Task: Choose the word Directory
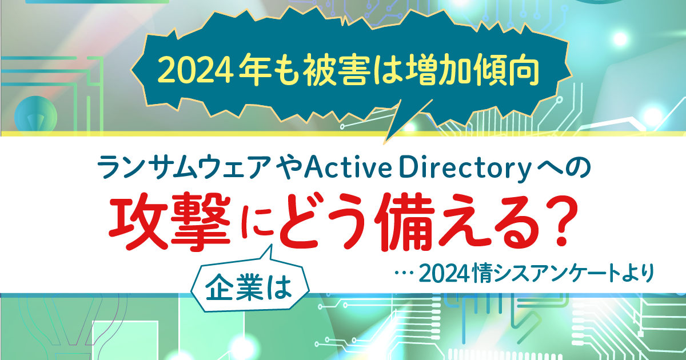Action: point(464,168)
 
